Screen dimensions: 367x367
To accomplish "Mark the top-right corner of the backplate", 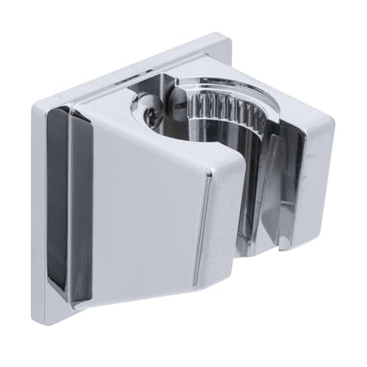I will (x=220, y=32).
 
